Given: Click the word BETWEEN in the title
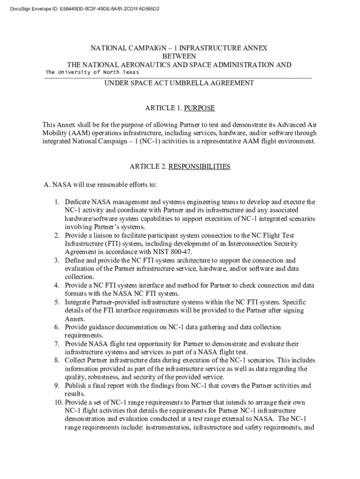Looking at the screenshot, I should [x=179, y=56].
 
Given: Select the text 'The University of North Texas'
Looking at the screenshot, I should [x=92, y=72].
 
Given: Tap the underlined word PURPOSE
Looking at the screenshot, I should [x=199, y=108].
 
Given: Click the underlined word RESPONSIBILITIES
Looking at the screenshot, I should [x=199, y=167].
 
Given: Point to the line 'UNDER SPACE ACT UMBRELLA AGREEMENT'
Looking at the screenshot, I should [x=179, y=83].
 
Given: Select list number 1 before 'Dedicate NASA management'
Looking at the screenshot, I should [x=56, y=202].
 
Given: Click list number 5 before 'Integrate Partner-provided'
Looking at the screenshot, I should [x=56, y=302].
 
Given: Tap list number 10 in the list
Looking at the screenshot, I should [x=58, y=402].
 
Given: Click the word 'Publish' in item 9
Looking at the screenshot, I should [x=76, y=386].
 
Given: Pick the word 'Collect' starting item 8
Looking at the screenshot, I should [x=75, y=361].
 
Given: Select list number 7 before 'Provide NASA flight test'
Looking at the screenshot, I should [x=56, y=344].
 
